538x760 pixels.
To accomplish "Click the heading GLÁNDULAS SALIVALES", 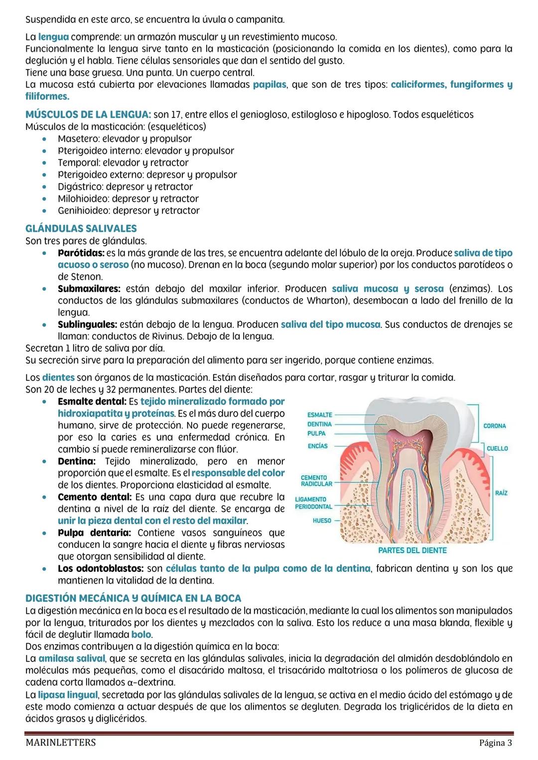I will pos(81,228).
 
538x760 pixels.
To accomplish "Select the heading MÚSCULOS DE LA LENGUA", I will pos(88,114).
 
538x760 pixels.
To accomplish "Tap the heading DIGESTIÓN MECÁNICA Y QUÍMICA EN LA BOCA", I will pos(133,598).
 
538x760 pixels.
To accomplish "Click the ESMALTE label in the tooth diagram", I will pos(320,415).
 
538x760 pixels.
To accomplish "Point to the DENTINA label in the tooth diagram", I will pos(319,424).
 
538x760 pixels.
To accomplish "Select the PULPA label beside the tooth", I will pos(316,434).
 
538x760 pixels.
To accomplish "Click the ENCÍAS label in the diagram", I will pos(317,446).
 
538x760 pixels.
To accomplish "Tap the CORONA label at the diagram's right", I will pos(494,426).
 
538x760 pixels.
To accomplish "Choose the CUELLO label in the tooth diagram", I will pos(497,448).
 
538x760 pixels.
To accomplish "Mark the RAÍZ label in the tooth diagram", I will pos(501,493).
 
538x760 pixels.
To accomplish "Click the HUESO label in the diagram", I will pos(322,521).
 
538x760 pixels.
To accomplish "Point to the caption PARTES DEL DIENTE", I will pos(412,550).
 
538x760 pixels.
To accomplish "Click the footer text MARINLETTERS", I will pos(60,743).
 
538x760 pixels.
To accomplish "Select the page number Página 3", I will pos(495,743).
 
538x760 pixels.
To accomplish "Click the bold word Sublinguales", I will pos(87,325).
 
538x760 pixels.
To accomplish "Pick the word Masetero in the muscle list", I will pos(78,139).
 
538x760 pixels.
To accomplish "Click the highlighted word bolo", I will pos(141,635).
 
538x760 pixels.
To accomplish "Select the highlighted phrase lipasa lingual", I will pos(68,694).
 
